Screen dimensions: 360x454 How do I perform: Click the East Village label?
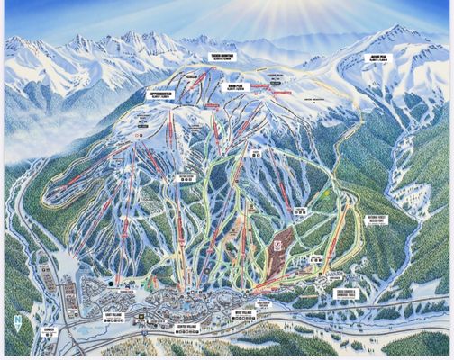[111, 314]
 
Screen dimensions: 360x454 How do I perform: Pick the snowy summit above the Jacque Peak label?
[396, 34]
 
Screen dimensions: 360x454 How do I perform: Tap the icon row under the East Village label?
[111, 321]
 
